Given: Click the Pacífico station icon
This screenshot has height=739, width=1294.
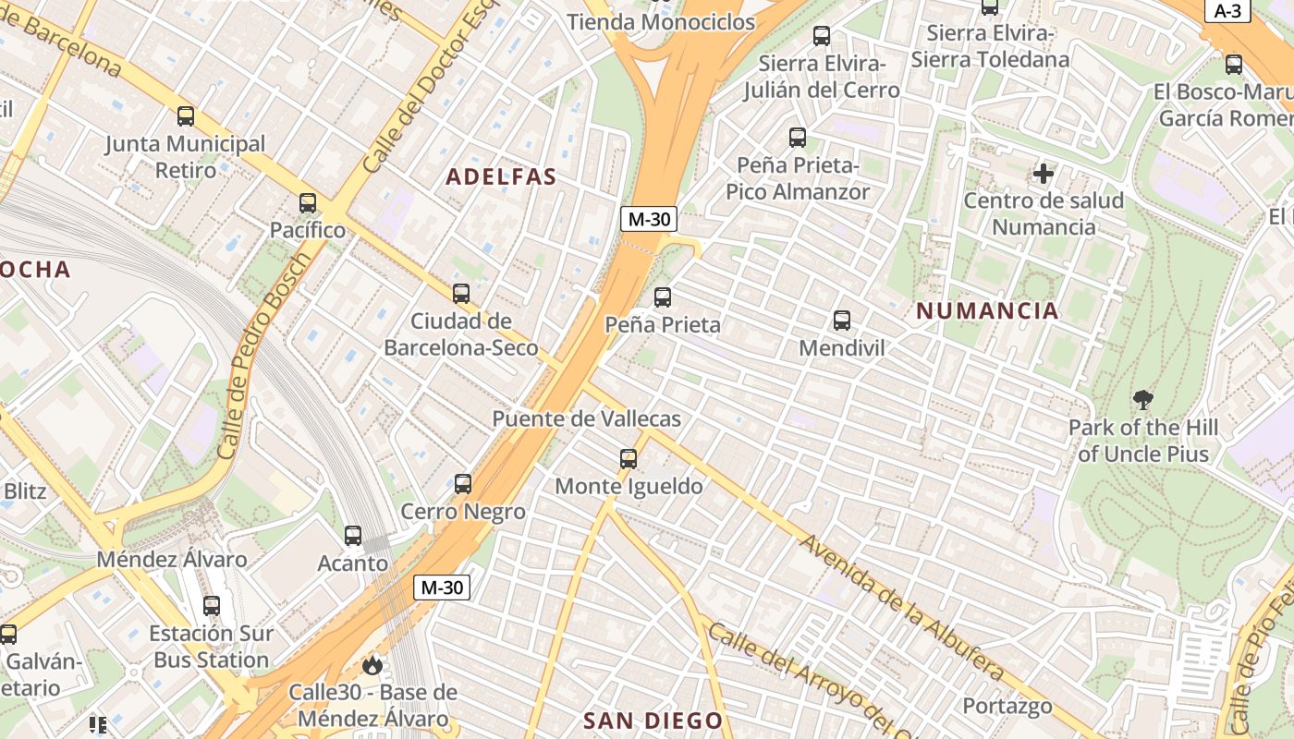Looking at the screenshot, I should [x=308, y=203].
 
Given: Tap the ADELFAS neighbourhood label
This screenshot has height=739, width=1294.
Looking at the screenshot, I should [x=502, y=176].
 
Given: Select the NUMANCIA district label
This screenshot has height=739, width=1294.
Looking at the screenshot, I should [x=987, y=310].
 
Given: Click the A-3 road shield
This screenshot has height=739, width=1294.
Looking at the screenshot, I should [x=1227, y=11].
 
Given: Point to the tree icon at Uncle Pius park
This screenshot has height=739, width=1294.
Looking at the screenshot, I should [x=1143, y=400].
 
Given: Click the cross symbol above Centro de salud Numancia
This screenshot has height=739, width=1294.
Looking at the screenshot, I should [x=1044, y=173].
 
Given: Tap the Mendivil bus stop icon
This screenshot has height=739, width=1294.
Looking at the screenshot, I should [x=842, y=321].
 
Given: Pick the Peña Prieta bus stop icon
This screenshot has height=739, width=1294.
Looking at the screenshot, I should [x=663, y=297].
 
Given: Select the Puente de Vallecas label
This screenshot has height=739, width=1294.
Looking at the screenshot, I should [x=586, y=418].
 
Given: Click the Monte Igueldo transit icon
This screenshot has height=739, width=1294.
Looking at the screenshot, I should [x=629, y=458].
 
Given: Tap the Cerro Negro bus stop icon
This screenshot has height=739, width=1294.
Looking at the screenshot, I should [x=463, y=483].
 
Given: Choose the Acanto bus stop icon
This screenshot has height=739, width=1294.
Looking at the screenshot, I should [x=353, y=536].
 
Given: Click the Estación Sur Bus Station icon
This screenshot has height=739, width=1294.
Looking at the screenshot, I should [x=212, y=606].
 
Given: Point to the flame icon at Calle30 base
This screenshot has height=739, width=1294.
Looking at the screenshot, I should [x=372, y=665].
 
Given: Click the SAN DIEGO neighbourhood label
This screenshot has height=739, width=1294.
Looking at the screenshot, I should [x=653, y=720].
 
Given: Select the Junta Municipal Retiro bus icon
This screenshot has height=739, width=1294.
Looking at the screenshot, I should [x=186, y=116].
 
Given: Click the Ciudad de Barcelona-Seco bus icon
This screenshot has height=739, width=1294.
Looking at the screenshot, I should [x=461, y=294].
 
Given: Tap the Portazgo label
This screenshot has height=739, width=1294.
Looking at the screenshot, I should [x=1007, y=707].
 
